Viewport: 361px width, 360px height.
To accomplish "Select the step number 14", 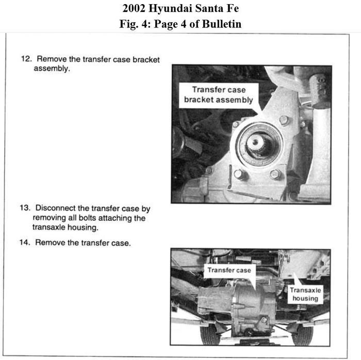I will [x=25, y=242].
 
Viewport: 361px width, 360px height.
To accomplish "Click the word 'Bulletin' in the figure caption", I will [x=221, y=24].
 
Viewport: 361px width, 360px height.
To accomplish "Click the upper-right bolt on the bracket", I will [x=283, y=120].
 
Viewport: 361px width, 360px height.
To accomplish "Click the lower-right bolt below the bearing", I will [x=275, y=174].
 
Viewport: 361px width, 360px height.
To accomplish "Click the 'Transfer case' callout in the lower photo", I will [x=229, y=270].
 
